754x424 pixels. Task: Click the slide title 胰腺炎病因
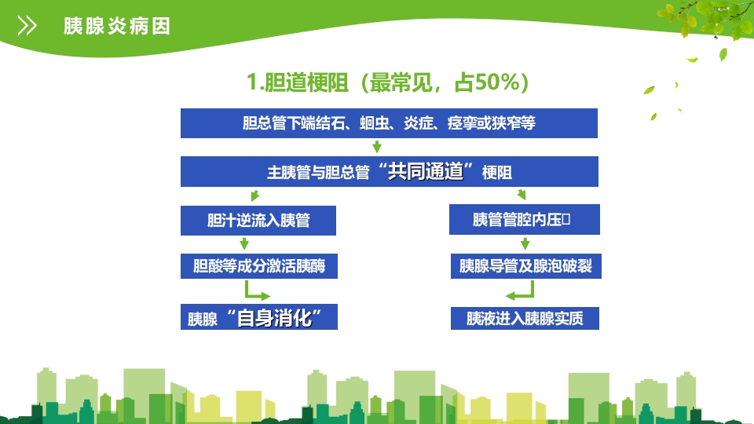point(116,26)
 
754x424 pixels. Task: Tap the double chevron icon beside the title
point(27,26)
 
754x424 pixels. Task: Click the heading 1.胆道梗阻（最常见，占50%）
point(387,82)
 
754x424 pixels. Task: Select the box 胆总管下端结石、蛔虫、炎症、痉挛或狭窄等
point(389,123)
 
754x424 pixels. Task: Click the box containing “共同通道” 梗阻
point(389,172)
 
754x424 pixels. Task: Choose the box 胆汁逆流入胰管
point(258,220)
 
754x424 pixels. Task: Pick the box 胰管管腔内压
point(524,220)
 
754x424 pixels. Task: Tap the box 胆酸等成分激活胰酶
point(258,267)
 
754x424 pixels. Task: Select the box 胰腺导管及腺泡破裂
point(525,267)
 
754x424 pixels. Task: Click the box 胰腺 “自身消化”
point(258,318)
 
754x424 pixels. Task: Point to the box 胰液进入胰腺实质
point(525,318)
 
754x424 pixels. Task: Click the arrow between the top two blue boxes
point(377,147)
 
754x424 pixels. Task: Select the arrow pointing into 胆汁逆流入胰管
point(254,196)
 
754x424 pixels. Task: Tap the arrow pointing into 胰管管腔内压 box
point(522,195)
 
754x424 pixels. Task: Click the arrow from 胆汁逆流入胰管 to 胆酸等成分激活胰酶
point(244,243)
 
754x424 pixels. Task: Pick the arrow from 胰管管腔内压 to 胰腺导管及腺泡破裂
point(525,243)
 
